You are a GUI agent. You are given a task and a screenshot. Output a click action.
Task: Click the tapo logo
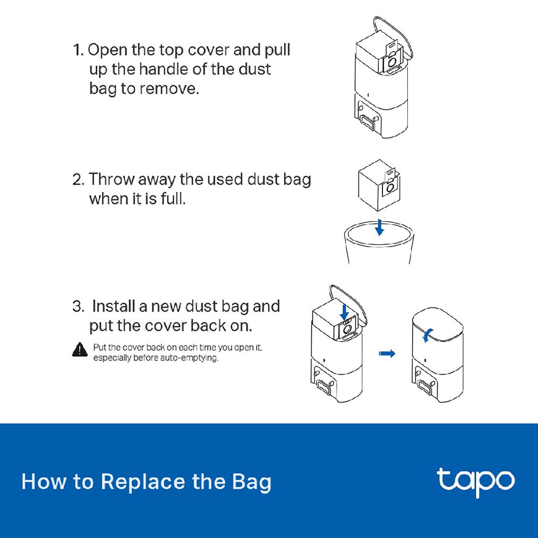[x=476, y=482]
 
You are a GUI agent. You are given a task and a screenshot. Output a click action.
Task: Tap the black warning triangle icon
[x=80, y=350]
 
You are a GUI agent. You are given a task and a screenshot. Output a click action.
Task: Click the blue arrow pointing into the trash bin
[x=379, y=228]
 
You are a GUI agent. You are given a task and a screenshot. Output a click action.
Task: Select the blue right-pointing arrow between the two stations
[x=387, y=353]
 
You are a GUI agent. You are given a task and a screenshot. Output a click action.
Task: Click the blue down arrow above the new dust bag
[x=344, y=313]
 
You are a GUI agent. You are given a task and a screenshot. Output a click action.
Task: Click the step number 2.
[x=78, y=180]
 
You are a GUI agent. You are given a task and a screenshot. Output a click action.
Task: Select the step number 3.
[x=78, y=307]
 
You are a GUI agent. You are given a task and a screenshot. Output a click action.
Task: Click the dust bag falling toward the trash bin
[x=379, y=185]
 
